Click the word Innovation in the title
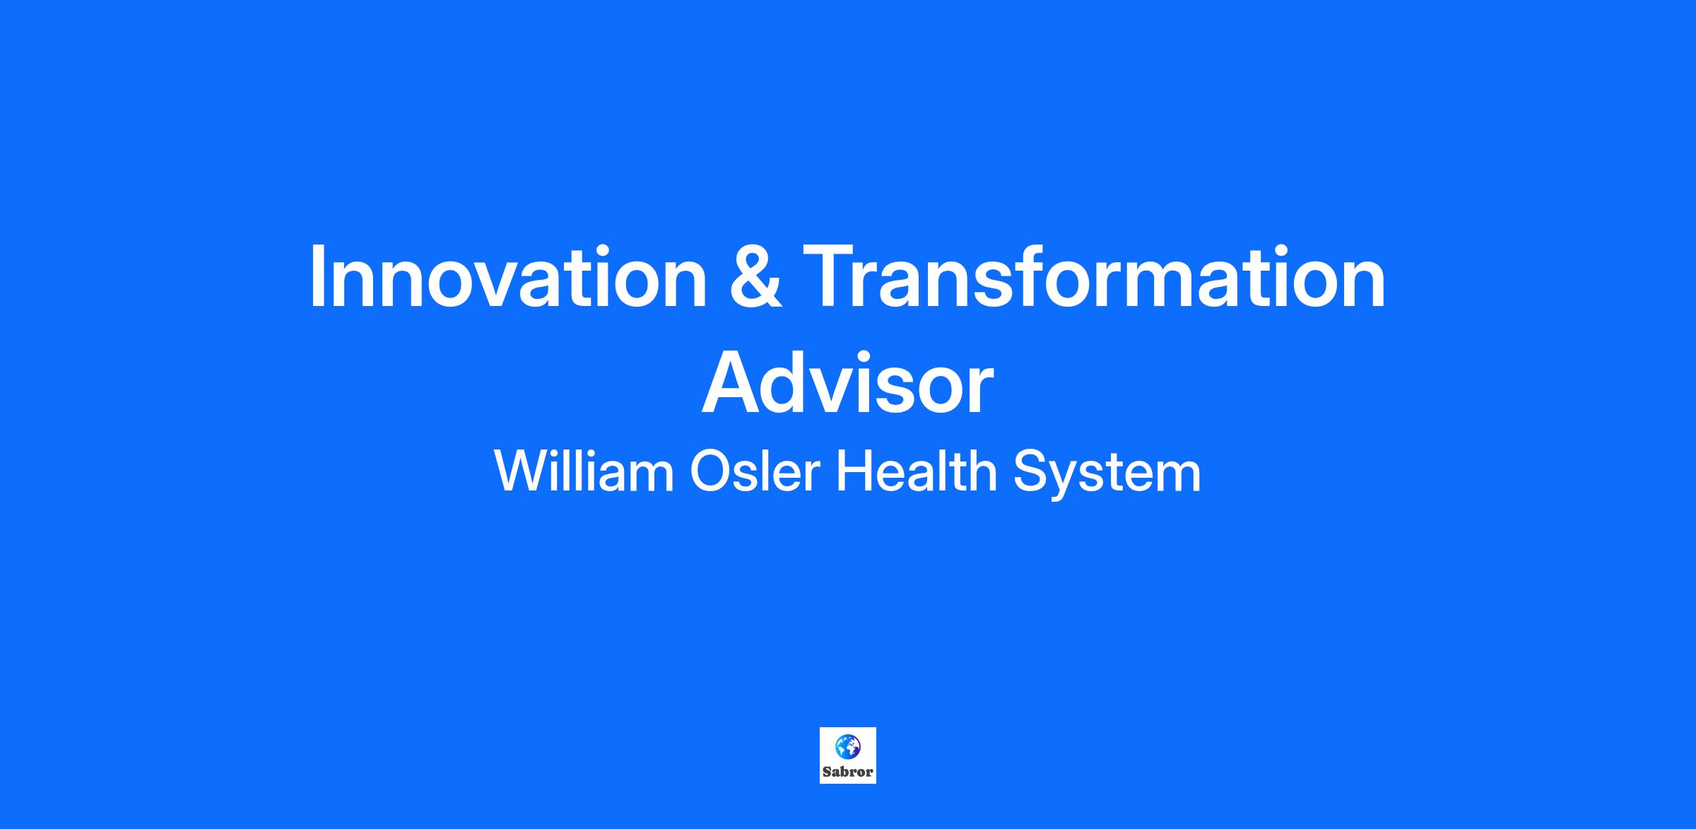coord(508,276)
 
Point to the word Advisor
coord(847,384)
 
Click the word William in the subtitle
coord(584,471)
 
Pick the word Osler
coord(754,471)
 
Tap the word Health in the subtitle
coord(917,471)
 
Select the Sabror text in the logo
coord(848,772)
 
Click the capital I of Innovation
coord(317,276)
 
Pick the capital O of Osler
coord(710,471)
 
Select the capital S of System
coord(1030,471)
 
